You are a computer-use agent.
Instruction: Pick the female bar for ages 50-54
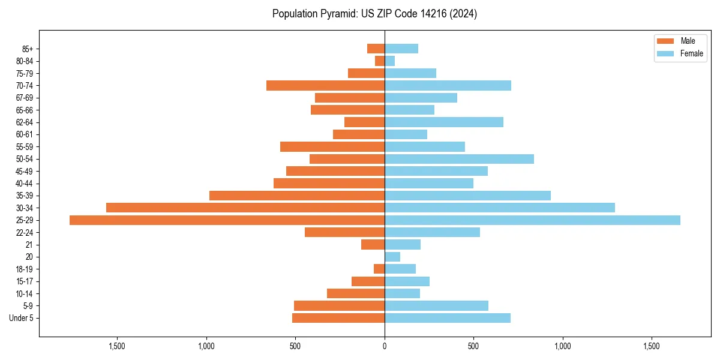point(459,159)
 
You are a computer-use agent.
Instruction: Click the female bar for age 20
point(392,257)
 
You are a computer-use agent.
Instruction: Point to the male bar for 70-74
point(325,86)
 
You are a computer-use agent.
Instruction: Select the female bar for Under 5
point(448,318)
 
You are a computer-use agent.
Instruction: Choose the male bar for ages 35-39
point(296,196)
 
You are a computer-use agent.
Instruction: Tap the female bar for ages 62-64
point(444,122)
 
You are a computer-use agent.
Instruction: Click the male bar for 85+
point(376,49)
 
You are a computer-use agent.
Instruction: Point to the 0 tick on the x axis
point(385,346)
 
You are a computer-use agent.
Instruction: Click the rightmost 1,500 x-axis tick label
point(652,346)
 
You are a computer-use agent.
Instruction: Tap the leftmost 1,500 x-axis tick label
point(117,346)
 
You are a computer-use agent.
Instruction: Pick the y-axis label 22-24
point(25,233)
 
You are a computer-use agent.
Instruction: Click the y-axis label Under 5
point(21,318)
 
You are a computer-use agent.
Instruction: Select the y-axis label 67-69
point(25,98)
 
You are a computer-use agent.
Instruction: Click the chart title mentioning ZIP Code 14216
point(374,14)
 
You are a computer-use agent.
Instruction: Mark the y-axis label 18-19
point(25,269)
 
